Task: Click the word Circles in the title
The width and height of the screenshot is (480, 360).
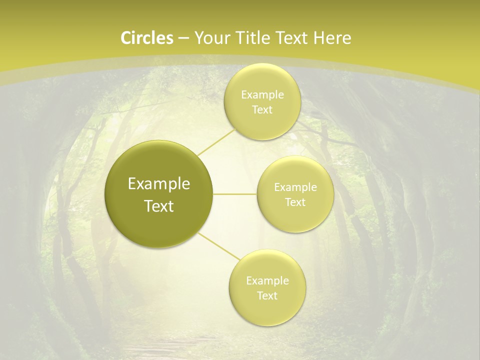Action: [147, 38]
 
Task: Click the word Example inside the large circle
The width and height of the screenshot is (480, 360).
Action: [159, 184]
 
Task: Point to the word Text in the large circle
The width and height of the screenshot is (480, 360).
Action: [159, 206]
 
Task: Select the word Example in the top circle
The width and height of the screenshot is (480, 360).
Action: [262, 95]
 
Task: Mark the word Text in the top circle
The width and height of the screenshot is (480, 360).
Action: [262, 109]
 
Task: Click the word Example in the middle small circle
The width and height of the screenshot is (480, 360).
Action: [295, 187]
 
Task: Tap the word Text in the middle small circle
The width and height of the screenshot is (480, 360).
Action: [295, 202]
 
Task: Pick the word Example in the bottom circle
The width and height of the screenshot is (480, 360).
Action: [267, 280]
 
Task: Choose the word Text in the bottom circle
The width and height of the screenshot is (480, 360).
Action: [267, 295]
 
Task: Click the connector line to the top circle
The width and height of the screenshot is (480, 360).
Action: [216, 141]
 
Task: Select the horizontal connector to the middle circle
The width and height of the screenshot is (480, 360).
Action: [235, 194]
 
